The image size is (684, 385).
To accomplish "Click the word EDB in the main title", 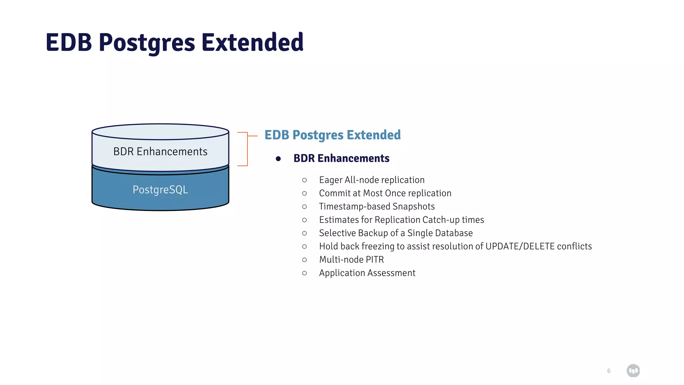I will [69, 42].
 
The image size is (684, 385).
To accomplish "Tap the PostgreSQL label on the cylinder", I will [160, 189].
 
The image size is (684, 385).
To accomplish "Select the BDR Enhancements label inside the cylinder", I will [160, 151].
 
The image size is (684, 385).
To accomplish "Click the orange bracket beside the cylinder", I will [247, 149].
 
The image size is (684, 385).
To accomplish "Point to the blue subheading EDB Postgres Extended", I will [332, 135].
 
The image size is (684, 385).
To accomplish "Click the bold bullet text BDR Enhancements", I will [341, 158].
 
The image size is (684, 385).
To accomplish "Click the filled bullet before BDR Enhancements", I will [278, 159].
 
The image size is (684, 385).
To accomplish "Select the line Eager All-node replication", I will [372, 180].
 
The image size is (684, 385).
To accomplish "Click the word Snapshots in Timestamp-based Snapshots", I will [413, 207].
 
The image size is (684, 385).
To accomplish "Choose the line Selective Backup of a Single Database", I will [396, 233].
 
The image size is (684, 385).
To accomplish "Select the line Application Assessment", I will [367, 273].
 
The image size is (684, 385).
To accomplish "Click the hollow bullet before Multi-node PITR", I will [304, 260].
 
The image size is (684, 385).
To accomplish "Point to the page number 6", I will [609, 371].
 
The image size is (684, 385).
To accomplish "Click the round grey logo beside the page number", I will [633, 371].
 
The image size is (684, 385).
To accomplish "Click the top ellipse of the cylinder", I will [160, 132].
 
